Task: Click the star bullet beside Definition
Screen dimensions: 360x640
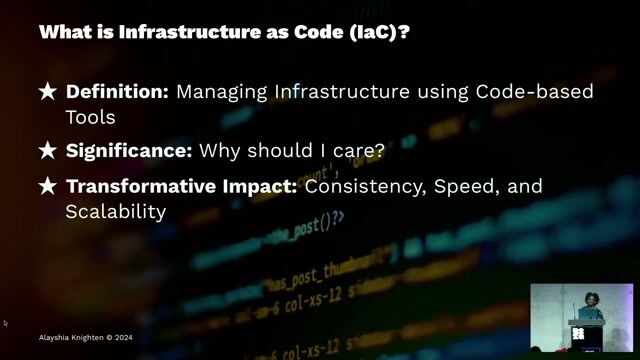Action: (47, 92)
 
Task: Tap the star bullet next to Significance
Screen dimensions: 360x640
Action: (47, 151)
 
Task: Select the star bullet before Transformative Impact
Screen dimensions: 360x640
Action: (47, 186)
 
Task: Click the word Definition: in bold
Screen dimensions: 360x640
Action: (117, 92)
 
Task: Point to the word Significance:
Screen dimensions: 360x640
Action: (129, 151)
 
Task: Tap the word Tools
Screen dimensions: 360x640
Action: (91, 117)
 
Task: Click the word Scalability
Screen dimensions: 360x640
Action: (115, 212)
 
